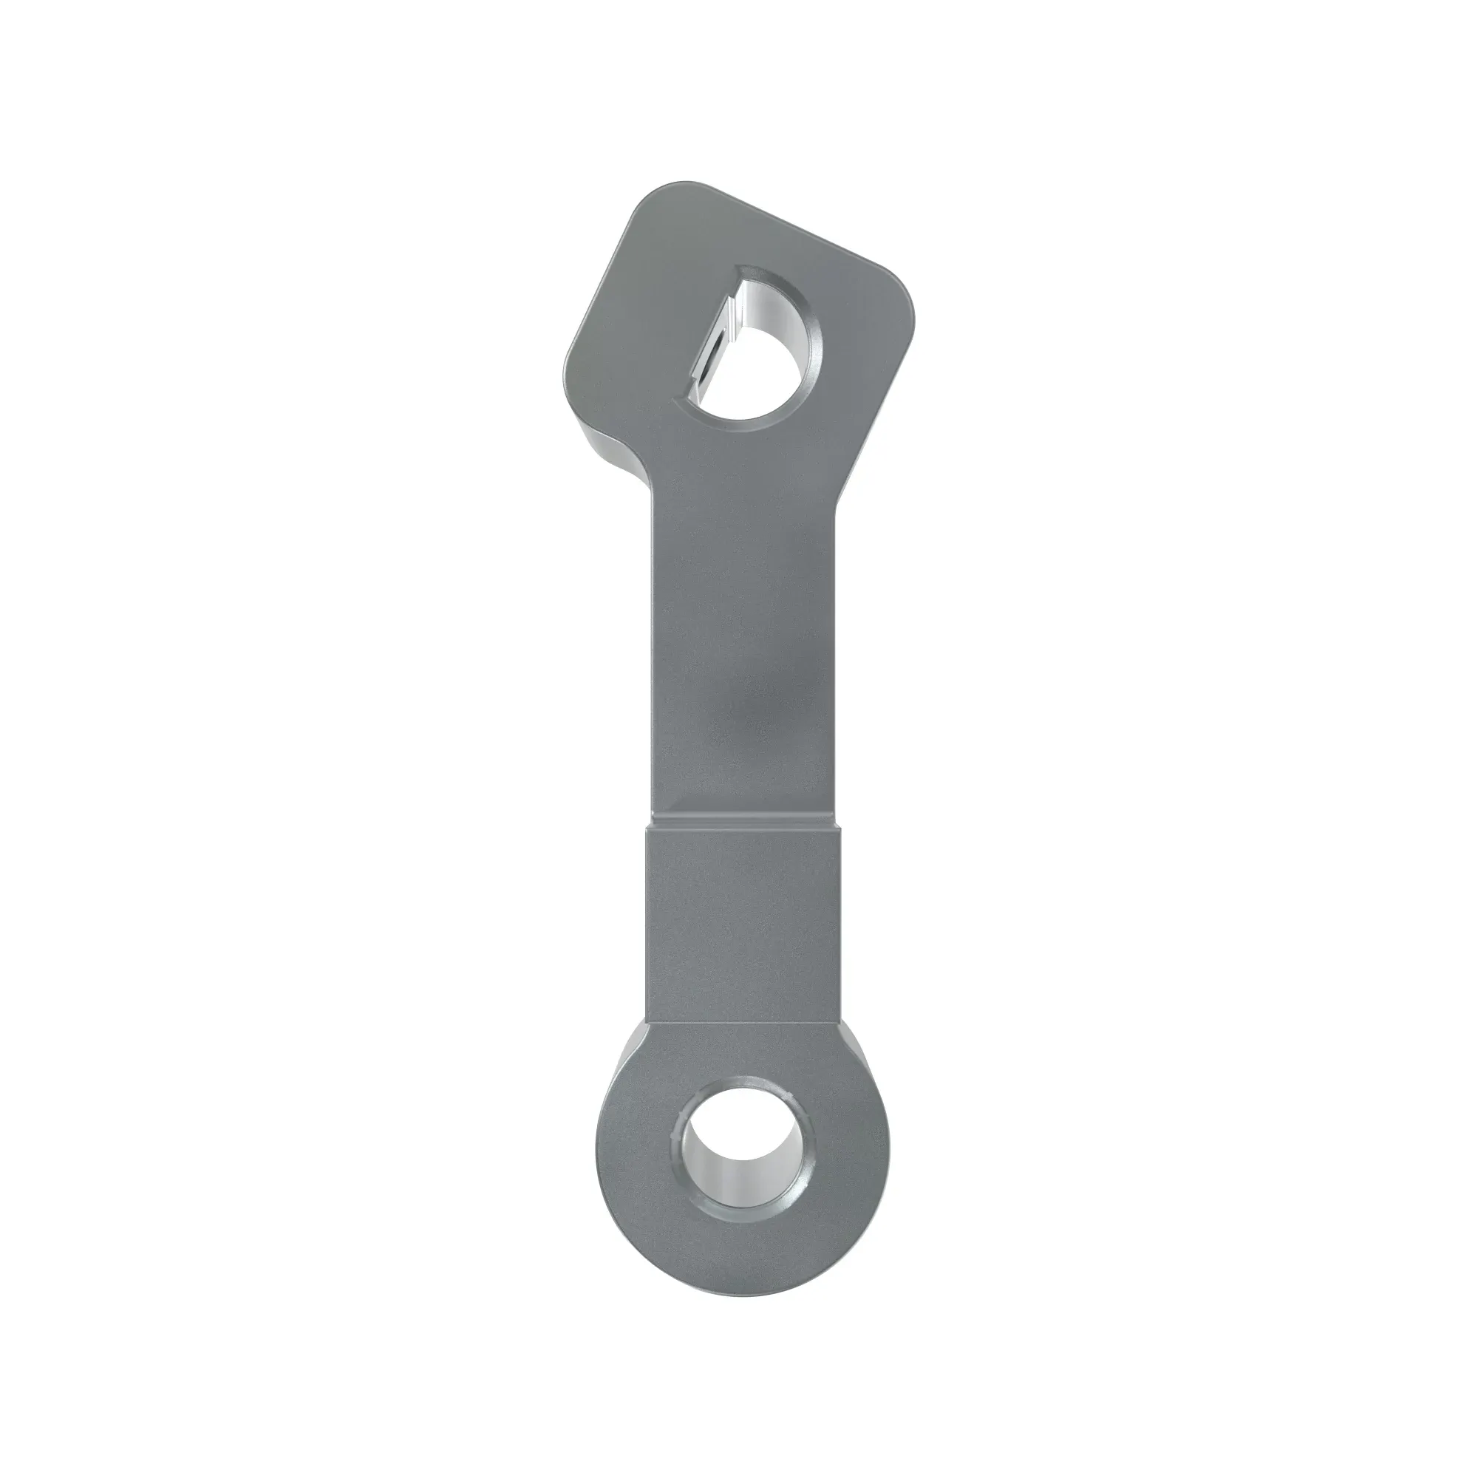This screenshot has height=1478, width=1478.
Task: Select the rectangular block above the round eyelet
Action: pos(746,926)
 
